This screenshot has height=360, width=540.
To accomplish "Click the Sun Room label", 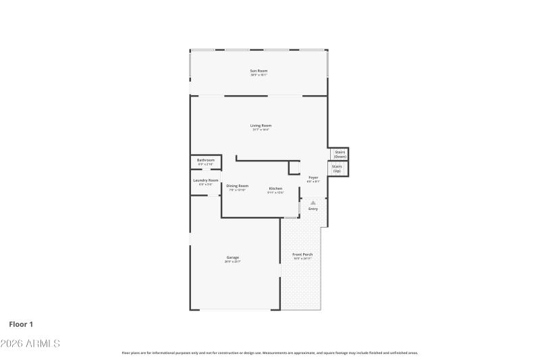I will pos(259,71).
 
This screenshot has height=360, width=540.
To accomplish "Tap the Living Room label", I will pos(261,126).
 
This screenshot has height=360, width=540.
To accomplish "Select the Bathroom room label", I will pos(205,160).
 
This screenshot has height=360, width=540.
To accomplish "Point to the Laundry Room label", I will pos(205,180).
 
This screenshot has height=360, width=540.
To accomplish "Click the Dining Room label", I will pos(237,186).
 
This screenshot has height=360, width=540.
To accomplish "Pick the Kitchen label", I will pos(275,188).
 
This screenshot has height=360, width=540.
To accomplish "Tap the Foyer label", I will pos(313,178).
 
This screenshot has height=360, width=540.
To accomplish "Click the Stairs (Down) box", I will pos(340,154).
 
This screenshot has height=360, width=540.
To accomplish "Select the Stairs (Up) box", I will pos(337,169).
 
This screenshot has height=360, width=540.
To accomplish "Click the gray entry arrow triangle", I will pos(313,202).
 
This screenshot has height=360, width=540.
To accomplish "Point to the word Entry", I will pos(313,209).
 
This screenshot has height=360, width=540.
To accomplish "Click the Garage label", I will pos(232,257).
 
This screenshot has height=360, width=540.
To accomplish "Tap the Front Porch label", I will pos(302,255).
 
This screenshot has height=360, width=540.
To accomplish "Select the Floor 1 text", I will pos(21,324).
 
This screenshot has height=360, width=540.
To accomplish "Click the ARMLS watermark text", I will pos(30,344).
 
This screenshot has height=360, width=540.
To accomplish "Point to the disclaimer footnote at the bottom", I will pos(270,353).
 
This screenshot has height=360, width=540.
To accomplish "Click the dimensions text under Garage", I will pos(232,261).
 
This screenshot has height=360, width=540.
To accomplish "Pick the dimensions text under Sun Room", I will pos(259,75).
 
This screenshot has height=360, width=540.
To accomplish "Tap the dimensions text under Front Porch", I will pos(302,259).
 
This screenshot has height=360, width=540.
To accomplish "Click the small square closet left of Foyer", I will pos(294,168).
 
